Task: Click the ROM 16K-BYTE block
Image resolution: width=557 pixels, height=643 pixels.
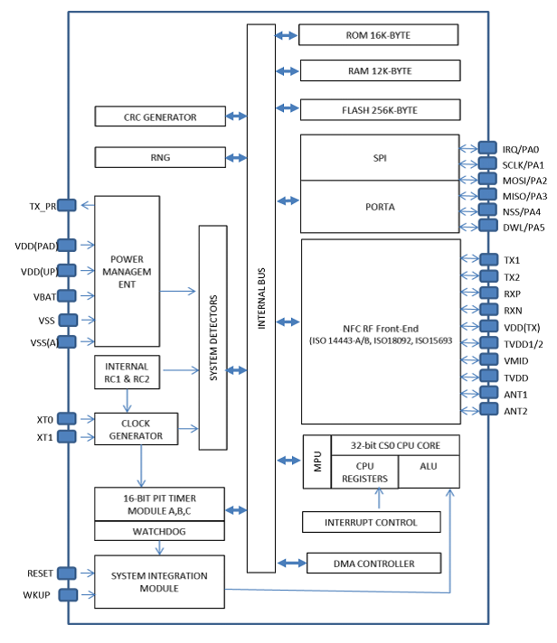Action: (x=378, y=35)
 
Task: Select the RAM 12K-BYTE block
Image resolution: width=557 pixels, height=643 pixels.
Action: (x=378, y=70)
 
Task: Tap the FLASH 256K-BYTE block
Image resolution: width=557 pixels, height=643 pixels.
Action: (x=378, y=110)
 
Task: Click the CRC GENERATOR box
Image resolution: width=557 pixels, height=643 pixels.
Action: (x=160, y=116)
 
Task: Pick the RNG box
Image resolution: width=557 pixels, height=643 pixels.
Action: (x=160, y=157)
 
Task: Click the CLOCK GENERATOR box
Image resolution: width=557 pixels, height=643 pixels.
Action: (x=137, y=430)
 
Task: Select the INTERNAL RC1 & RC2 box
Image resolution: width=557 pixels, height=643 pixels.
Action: (x=127, y=372)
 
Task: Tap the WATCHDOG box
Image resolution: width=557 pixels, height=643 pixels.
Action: (x=159, y=532)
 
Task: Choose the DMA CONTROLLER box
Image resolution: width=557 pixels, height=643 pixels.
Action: (x=374, y=564)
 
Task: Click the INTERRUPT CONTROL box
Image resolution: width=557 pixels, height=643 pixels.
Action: (x=371, y=522)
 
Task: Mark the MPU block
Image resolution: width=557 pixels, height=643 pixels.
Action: (x=316, y=462)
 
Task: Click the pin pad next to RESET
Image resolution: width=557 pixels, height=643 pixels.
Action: (x=69, y=573)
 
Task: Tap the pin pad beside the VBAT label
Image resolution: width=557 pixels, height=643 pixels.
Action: (x=69, y=294)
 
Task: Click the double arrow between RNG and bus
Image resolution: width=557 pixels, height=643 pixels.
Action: (x=236, y=158)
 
